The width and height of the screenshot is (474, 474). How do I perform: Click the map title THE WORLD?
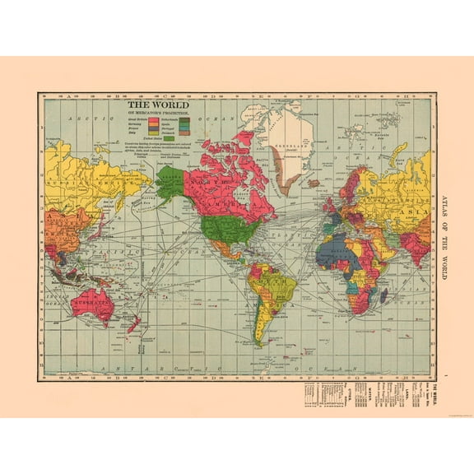[x=158, y=105]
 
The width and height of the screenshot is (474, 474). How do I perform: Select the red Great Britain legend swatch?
[x=154, y=119]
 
